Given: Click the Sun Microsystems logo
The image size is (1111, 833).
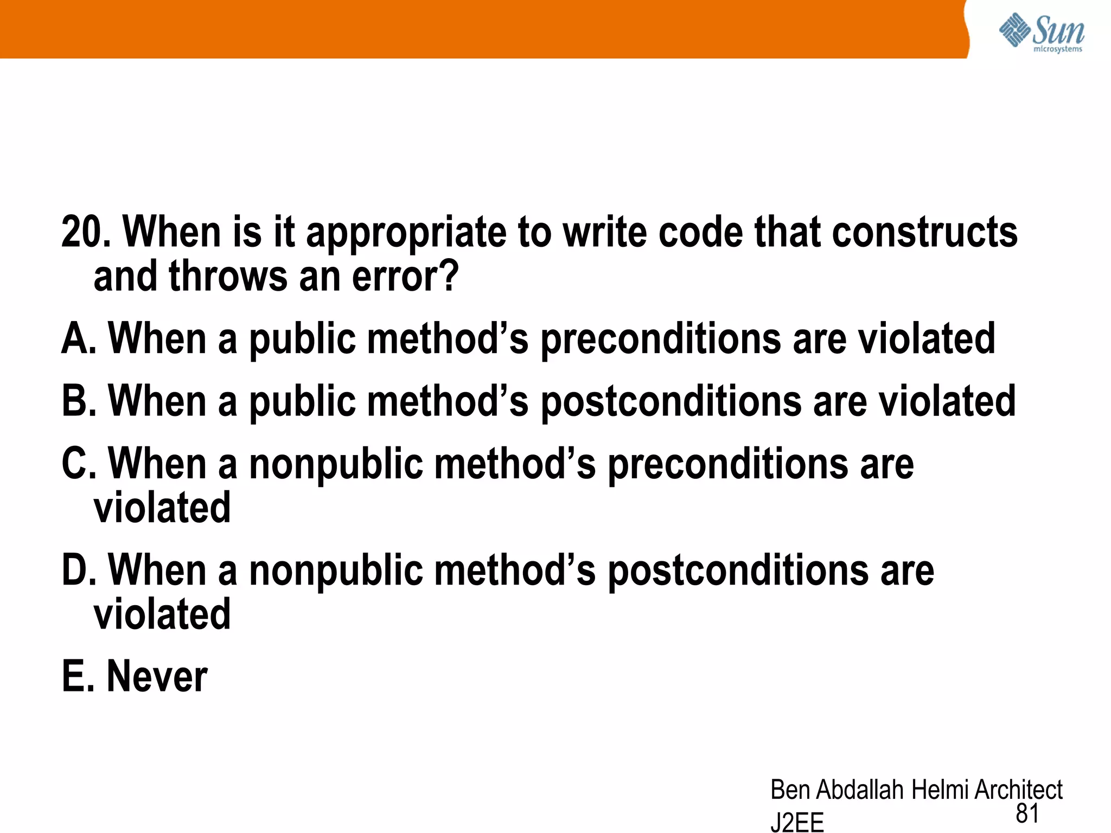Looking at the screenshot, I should coord(1041,33).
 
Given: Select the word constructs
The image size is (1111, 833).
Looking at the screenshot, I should coord(924,232).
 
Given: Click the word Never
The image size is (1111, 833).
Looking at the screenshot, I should coord(157,676).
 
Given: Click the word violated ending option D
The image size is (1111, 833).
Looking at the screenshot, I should coord(162,614).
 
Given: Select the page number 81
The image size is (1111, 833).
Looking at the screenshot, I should coord(1027,813).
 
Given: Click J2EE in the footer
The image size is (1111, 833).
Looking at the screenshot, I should coord(797,822).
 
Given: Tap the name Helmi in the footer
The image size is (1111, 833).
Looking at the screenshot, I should coord(940,790).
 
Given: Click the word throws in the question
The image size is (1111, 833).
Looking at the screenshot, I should coord(227,277).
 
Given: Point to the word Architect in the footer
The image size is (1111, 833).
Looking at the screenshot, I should coord(1018,790).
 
